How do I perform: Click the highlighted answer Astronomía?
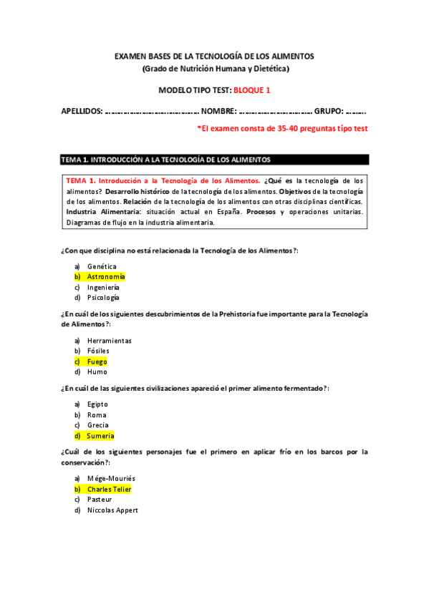point(106,276)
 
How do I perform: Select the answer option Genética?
point(102,266)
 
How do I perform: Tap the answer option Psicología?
point(103,297)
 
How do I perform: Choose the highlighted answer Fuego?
point(97,361)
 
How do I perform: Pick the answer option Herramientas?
point(109,341)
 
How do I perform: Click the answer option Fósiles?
point(98,351)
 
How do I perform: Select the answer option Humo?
point(97,372)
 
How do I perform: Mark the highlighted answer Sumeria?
point(100,435)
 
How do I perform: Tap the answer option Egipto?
point(98,404)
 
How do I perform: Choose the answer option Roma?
point(97,415)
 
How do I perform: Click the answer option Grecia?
point(98,425)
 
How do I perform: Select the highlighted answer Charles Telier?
point(109,490)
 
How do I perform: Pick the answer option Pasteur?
point(100,500)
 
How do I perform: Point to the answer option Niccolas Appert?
point(112,510)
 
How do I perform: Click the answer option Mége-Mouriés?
point(111,479)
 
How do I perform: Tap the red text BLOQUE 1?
point(252,90)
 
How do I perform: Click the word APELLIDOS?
point(81,112)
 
